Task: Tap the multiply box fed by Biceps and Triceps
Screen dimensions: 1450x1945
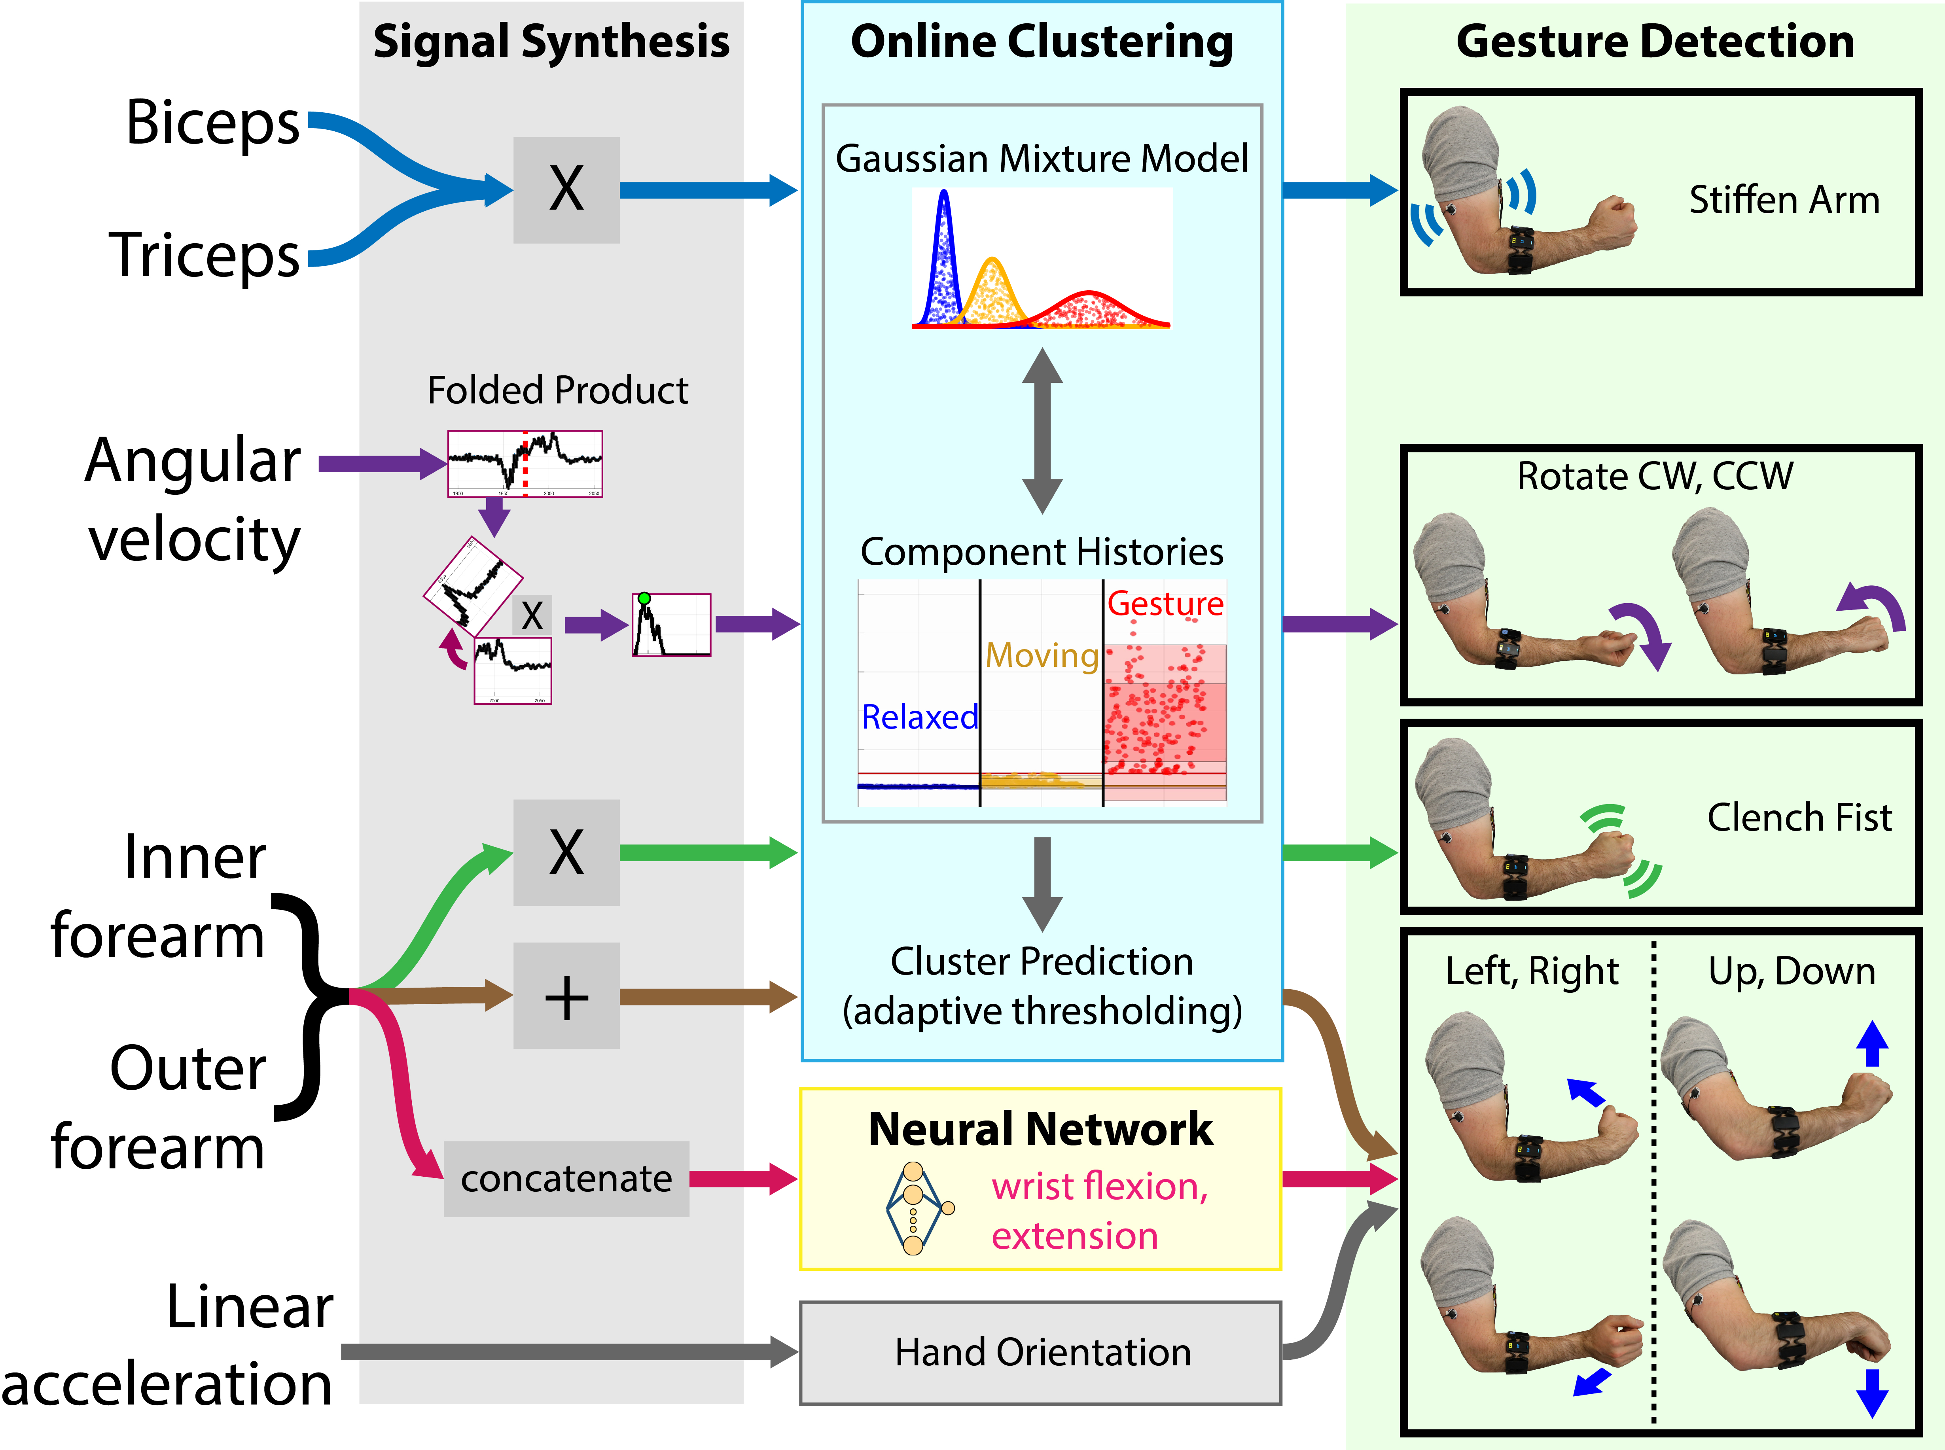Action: (566, 189)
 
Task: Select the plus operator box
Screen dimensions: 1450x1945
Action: (566, 996)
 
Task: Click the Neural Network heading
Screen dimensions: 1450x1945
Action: (1041, 1129)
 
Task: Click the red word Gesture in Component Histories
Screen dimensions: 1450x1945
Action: (1165, 604)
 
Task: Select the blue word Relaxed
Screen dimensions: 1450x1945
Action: (919, 717)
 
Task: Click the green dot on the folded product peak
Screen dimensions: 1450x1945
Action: (644, 598)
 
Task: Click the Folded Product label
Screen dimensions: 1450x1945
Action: (557, 391)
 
